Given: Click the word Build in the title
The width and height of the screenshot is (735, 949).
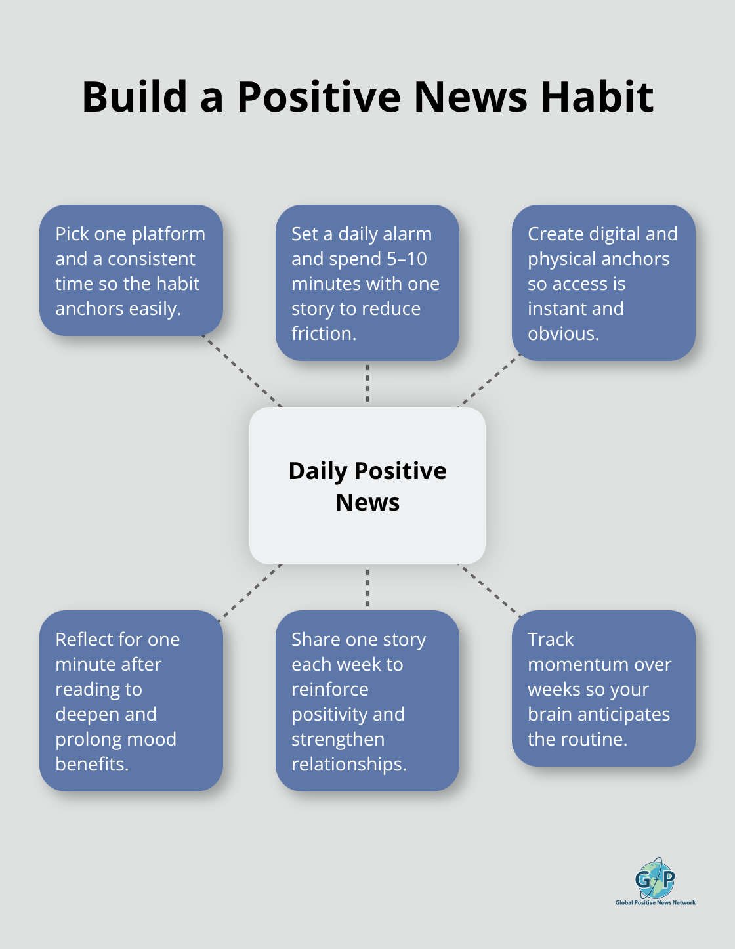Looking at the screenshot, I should point(135,97).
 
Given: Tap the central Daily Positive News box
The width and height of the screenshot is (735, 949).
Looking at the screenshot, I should point(367,486).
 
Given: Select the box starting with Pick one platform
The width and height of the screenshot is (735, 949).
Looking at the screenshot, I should point(131,270).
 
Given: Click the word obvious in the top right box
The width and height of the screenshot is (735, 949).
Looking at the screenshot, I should point(562,334).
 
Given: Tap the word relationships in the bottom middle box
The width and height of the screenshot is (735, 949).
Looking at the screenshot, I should point(348,765).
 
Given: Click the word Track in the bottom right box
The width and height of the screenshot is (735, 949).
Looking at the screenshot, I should point(550,640).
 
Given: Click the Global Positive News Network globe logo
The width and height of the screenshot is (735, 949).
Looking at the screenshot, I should point(655,878).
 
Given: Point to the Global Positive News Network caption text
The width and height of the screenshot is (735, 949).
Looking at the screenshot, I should point(655,903).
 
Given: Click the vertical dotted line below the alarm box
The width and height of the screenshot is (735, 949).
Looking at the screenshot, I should point(367,383).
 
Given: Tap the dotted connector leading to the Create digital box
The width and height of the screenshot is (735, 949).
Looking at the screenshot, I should point(490,381).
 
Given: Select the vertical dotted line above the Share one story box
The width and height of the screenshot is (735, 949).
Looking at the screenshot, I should point(367,587).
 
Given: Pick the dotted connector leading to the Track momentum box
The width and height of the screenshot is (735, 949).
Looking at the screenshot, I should point(490,591).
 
